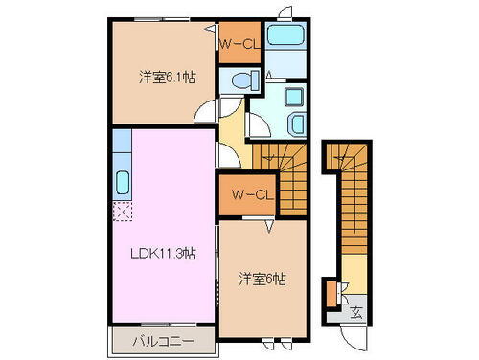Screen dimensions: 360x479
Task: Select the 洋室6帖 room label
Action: click(262, 280)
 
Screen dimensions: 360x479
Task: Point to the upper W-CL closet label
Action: click(238, 43)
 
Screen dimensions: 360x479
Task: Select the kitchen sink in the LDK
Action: click(123, 182)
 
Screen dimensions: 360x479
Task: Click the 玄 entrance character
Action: click(354, 311)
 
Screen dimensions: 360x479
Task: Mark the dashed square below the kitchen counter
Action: click(122, 212)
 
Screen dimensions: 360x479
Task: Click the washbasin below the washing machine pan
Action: click(295, 123)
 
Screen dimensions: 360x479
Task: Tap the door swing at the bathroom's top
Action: click(284, 12)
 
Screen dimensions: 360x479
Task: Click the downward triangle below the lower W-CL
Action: click(270, 227)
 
